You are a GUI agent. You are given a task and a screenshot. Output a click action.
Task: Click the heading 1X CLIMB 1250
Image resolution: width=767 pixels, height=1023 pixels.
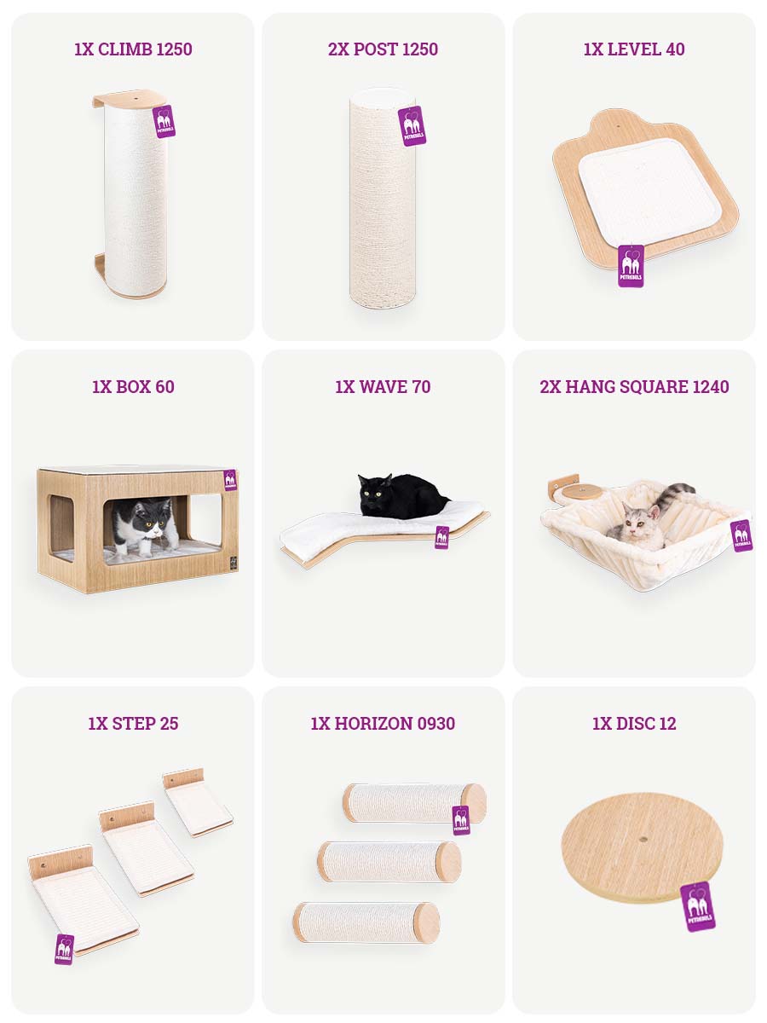pos(133,49)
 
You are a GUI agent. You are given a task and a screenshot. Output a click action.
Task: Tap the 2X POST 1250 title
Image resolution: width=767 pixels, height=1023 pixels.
pos(383,49)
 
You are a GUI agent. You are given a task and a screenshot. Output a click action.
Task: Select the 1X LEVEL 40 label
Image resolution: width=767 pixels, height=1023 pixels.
pos(634,49)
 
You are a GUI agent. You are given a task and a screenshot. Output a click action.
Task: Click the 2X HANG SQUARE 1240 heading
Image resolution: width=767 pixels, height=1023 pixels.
pos(634,386)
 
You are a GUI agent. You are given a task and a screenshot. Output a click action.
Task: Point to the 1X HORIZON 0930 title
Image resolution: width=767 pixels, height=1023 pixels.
pos(383,723)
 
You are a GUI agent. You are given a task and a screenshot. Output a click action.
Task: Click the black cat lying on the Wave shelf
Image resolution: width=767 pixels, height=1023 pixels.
pos(401,496)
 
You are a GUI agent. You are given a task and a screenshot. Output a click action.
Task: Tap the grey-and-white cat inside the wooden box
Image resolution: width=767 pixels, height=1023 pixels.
pos(144,527)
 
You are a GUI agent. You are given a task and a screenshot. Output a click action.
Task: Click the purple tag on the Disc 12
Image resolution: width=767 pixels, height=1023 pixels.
pos(697,906)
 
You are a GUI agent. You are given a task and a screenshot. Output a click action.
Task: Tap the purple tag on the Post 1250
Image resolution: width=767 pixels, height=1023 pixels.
pos(412,126)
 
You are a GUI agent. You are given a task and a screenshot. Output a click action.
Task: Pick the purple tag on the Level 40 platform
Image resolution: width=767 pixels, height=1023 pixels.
pos(631,266)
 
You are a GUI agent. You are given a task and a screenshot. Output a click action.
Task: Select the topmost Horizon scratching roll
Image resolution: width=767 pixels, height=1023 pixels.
pos(414,802)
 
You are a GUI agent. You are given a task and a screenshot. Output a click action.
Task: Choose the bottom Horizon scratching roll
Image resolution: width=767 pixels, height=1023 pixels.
pos(366,922)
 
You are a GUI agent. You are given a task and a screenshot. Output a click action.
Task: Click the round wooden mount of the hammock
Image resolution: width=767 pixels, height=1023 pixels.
pos(578,492)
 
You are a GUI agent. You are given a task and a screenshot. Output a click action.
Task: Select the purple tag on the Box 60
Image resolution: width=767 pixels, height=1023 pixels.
pos(230,480)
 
